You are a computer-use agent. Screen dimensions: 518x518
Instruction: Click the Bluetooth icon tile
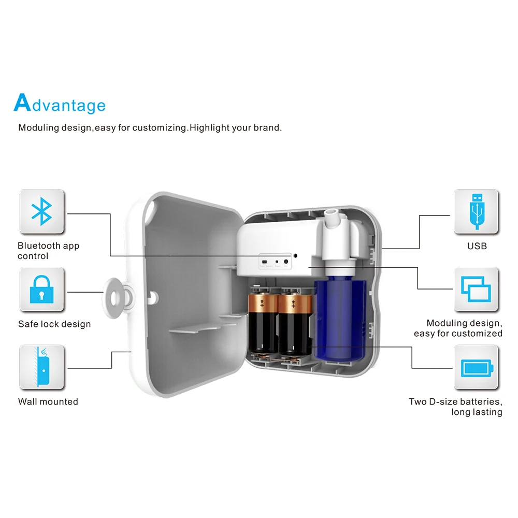point(41,211)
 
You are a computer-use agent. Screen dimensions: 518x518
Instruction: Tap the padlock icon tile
point(41,289)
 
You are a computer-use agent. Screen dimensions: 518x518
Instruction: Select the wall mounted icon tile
point(41,367)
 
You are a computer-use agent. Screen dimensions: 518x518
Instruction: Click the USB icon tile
point(476,211)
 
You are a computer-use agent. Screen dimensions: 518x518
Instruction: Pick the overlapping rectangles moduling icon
point(476,289)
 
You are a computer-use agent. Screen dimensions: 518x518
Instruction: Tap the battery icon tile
point(476,367)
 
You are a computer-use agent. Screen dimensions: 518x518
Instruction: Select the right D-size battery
point(293,324)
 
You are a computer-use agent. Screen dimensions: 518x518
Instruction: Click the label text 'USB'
point(477,246)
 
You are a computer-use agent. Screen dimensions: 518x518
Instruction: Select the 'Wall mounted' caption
point(48,401)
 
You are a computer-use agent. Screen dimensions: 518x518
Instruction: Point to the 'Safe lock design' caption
point(54,324)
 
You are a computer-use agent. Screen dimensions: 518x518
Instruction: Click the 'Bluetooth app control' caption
point(48,251)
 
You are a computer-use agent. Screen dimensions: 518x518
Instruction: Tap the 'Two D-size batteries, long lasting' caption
point(455,407)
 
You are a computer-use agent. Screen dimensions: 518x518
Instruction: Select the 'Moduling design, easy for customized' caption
point(458,328)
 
